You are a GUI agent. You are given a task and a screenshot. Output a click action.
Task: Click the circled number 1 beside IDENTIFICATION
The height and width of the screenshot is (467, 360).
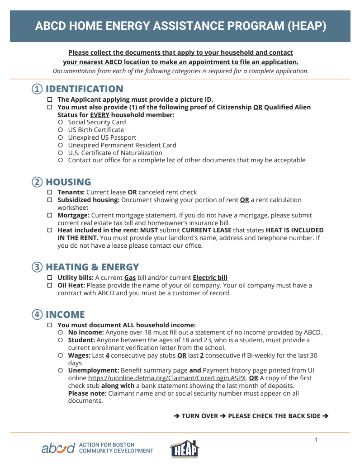tap(38, 89)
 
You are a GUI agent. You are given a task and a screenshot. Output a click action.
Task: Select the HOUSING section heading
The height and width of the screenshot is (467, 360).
tap(68, 182)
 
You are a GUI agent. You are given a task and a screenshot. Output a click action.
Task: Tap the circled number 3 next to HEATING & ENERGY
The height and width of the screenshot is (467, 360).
tap(38, 267)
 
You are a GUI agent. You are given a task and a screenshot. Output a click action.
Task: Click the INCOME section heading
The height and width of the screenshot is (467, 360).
tap(65, 315)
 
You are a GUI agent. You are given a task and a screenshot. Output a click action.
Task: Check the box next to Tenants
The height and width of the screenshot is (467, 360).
tap(50, 192)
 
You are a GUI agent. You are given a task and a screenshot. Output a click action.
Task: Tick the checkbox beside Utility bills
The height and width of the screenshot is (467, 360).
tap(50, 278)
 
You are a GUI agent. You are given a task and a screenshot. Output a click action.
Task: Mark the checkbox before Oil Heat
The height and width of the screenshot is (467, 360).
tap(50, 285)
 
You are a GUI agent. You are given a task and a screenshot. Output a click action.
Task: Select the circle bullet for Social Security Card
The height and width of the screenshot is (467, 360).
tap(61, 122)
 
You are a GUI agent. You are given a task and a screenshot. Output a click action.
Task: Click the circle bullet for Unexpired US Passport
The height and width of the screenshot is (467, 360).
tap(61, 137)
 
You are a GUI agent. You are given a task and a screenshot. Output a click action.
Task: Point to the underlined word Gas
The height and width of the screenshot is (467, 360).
tap(130, 278)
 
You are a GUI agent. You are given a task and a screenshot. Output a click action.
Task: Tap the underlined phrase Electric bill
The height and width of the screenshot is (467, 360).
tap(210, 278)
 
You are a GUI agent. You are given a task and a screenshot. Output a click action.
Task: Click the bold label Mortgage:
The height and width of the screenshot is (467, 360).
tap(73, 215)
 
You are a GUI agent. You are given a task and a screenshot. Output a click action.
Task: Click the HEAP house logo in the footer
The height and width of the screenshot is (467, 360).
tap(185, 449)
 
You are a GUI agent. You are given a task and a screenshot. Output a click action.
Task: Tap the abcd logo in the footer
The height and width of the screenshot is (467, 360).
tap(58, 448)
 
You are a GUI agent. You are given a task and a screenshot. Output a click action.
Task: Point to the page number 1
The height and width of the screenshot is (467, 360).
tap(317, 440)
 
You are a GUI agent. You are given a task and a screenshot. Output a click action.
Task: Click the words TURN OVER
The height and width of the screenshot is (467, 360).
tap(200, 416)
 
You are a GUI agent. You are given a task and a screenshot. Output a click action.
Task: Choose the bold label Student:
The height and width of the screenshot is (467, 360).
tap(81, 340)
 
